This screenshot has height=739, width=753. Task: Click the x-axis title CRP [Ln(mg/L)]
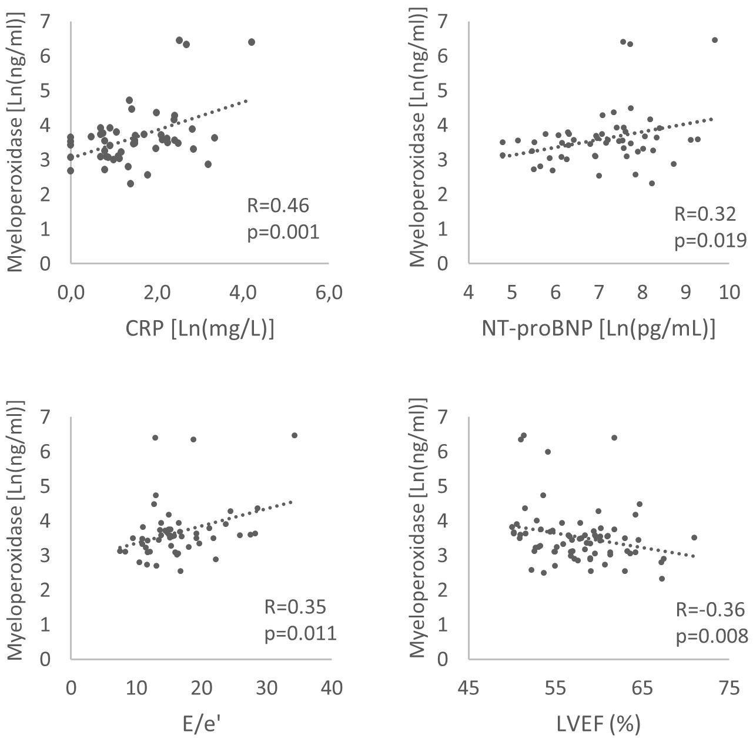tap(200, 330)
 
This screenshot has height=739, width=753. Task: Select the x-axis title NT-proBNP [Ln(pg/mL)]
tap(598, 330)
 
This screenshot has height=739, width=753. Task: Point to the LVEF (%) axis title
tap(598, 724)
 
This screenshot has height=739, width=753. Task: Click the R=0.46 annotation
tap(277, 206)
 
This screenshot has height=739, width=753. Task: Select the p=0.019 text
tap(710, 241)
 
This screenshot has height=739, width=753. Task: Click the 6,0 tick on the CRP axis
tap(329, 293)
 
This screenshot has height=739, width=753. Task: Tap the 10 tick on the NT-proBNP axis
tap(729, 293)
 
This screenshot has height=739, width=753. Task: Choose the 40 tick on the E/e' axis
tap(333, 688)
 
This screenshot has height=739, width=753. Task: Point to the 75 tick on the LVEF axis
tap(729, 688)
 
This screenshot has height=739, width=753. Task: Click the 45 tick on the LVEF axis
tap(468, 688)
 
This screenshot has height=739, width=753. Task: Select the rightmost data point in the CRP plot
tap(252, 42)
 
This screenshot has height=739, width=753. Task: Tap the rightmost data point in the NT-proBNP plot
tap(715, 40)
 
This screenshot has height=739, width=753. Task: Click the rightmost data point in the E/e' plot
tap(294, 435)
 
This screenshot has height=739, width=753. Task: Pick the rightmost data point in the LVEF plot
tap(694, 538)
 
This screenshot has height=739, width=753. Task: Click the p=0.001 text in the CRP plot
tap(283, 233)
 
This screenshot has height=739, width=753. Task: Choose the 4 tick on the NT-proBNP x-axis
tap(468, 293)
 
